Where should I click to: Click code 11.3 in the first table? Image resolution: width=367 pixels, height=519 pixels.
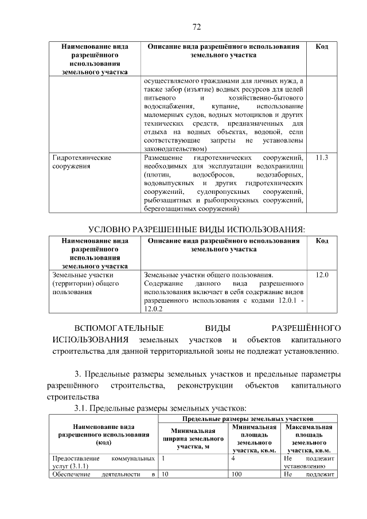322,157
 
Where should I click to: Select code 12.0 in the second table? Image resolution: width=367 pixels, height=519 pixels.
322,275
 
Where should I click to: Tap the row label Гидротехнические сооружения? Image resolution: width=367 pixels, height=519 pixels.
82,162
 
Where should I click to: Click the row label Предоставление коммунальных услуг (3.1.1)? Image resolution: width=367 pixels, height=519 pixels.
103,463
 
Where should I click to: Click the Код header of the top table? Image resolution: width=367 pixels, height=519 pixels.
322,46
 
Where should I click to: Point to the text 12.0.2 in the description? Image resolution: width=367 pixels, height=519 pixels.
154,309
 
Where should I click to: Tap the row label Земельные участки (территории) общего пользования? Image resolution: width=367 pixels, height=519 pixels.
82,283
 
